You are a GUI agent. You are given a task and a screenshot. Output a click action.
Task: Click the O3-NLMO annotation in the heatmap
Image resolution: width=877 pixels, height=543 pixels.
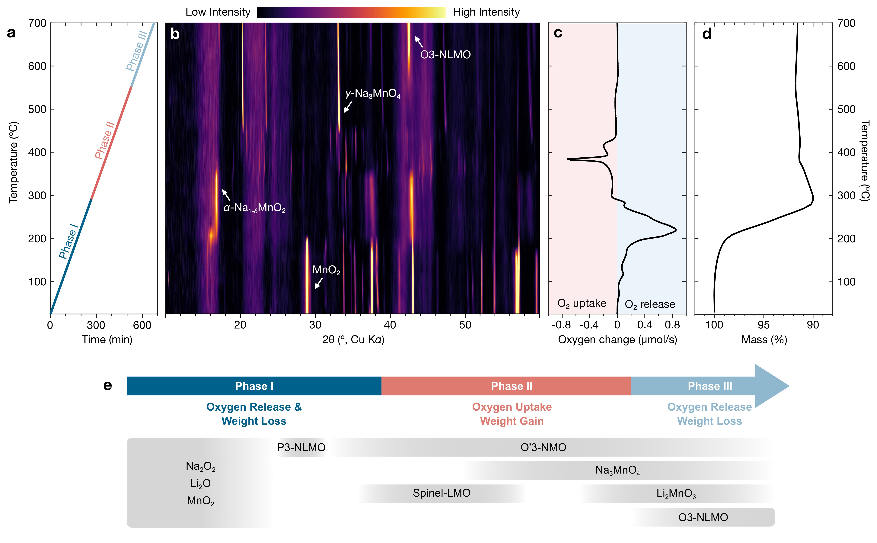click(445, 55)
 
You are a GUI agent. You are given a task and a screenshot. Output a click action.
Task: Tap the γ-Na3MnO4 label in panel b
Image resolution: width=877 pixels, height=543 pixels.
click(373, 94)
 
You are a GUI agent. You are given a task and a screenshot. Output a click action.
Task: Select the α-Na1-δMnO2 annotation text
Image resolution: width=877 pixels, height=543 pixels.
click(254, 208)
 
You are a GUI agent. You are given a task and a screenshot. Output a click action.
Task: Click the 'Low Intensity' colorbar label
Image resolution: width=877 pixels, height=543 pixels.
click(218, 12)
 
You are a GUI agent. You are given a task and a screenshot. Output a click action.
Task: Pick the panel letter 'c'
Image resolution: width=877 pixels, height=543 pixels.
click(558, 33)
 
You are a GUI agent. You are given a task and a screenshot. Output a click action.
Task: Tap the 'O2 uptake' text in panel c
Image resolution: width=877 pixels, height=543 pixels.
click(582, 304)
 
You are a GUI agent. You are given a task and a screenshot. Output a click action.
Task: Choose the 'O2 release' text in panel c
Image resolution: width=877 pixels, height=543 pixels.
click(650, 304)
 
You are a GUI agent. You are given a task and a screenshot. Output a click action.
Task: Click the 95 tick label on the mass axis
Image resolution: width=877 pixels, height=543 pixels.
click(764, 325)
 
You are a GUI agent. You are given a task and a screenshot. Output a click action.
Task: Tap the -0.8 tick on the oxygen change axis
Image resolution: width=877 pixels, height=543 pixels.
click(561, 325)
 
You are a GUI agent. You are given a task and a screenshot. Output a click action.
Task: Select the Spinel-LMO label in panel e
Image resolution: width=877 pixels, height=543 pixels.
click(442, 493)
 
